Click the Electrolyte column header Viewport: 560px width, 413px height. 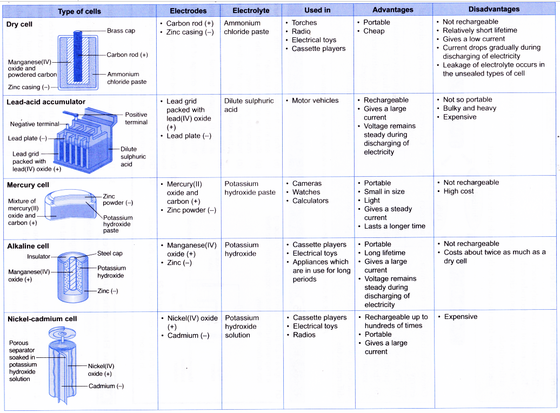point(251,10)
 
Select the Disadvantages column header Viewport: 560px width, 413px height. point(494,9)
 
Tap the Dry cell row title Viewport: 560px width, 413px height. point(19,24)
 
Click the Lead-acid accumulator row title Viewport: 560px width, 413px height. point(45,102)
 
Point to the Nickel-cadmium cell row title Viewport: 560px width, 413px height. point(42,319)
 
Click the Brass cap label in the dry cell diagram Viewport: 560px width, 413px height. point(121,31)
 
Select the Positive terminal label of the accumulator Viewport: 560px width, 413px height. point(136,118)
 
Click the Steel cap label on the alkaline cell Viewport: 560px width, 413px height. point(110,253)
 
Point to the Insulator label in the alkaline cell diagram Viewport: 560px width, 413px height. point(38,257)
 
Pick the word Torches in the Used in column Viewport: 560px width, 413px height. point(304,23)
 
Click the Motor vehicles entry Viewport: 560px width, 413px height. point(315,101)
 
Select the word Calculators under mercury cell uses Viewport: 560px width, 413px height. point(310,201)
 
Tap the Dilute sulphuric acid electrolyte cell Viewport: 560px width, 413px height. point(249,105)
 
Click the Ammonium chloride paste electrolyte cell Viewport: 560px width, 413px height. point(246,28)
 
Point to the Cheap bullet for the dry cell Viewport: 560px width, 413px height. point(374,31)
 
